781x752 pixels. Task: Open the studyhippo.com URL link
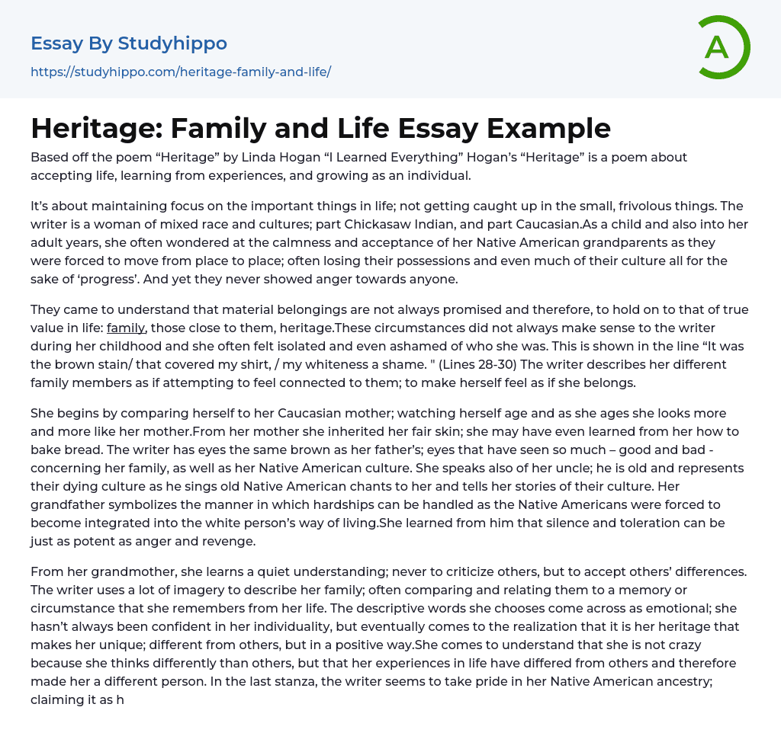coord(181,72)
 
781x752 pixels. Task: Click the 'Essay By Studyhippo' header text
coord(129,43)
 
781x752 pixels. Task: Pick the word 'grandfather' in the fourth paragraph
coord(66,504)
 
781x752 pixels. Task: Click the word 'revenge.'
coord(229,541)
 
